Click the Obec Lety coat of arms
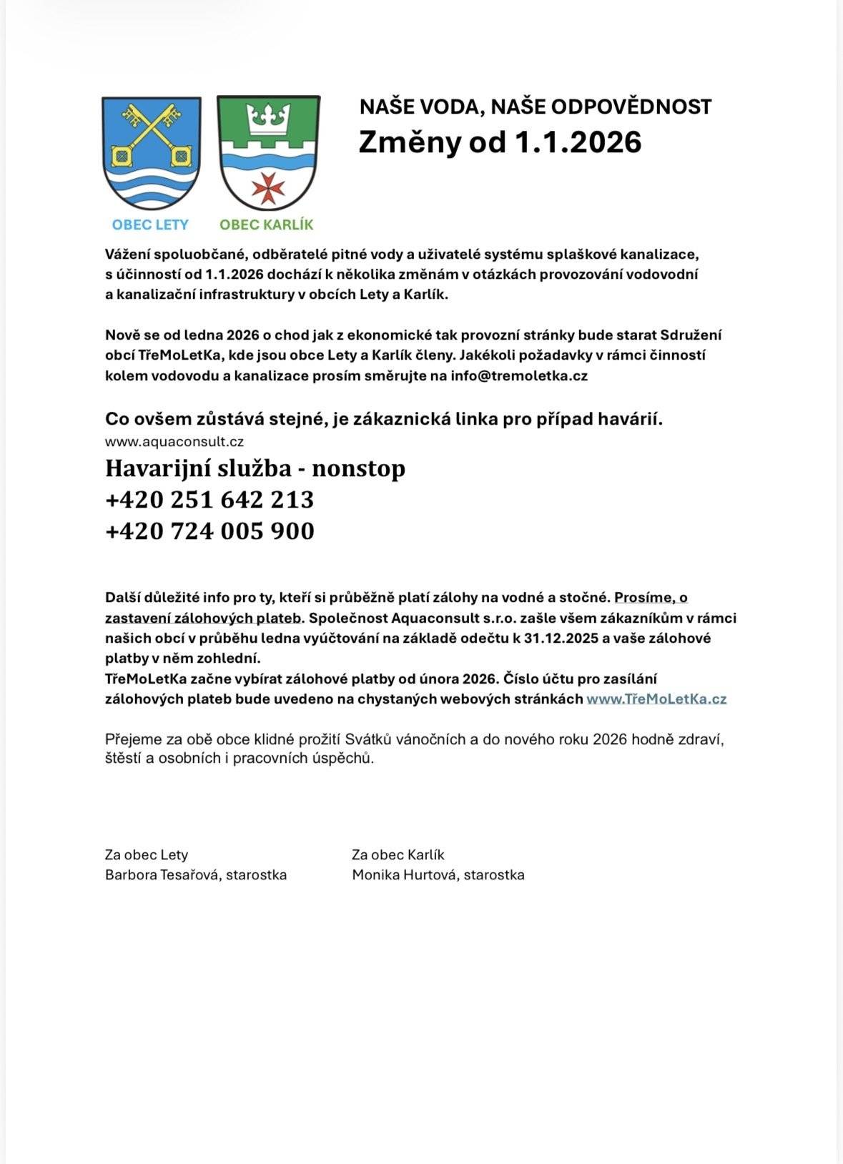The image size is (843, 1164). coord(151,152)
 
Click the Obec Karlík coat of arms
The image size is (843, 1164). coord(268,152)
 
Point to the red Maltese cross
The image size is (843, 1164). coord(269,187)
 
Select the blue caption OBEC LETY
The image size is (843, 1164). coord(150,225)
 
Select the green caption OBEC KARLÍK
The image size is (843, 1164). coord(267,225)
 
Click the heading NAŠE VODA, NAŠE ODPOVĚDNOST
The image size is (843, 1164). coord(535,107)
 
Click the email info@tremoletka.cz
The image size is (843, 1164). coord(519,375)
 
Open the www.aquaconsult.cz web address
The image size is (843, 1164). coord(174,442)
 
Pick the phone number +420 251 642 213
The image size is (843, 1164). coord(209,499)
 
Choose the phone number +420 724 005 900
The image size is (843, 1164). coord(209,531)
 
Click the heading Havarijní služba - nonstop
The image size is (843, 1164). coord(255,468)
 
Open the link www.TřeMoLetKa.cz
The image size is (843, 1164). coord(656,699)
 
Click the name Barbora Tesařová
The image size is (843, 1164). coord(162,875)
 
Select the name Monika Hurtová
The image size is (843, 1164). coord(404,875)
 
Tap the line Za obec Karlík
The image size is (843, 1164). coord(398,855)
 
